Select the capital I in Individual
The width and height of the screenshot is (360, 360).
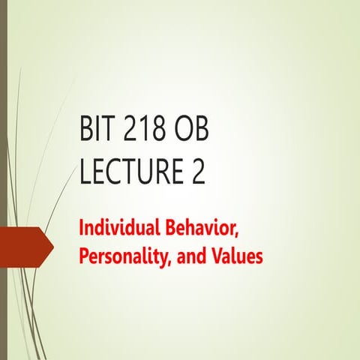82,226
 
